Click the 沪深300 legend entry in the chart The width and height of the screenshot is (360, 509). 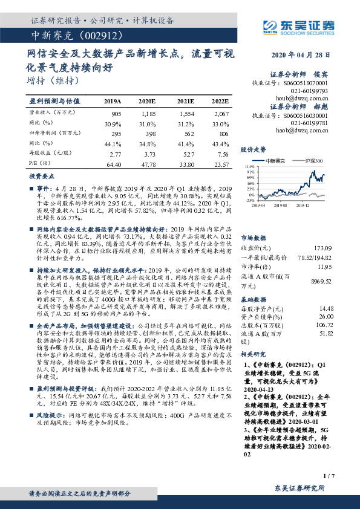[x=314, y=160]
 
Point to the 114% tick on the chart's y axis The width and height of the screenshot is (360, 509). [x=250, y=166]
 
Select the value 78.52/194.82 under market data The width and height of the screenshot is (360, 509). [x=316, y=258]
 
